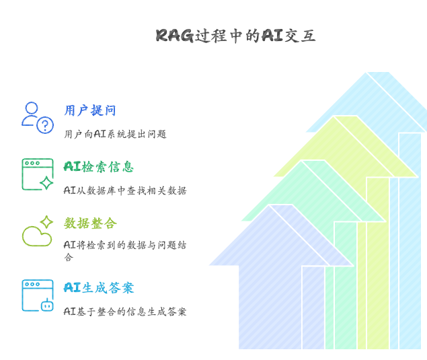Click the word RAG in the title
(x=175, y=36)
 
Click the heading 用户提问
(x=90, y=110)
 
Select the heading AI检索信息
(x=99, y=166)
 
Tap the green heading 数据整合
(x=90, y=223)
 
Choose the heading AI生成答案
(x=99, y=287)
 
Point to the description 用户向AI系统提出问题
(x=115, y=134)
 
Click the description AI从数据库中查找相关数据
(x=125, y=190)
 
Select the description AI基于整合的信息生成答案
(x=125, y=312)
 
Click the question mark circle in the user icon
(x=45, y=125)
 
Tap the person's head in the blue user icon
(x=32, y=108)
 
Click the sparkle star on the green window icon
(x=46, y=182)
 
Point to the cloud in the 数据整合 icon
(x=37, y=237)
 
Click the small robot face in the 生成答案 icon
(x=47, y=305)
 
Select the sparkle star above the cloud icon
(x=46, y=222)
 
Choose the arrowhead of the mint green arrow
(x=313, y=190)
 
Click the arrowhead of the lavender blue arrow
(x=281, y=235)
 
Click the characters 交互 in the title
(x=300, y=36)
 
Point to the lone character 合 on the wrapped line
(x=69, y=257)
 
